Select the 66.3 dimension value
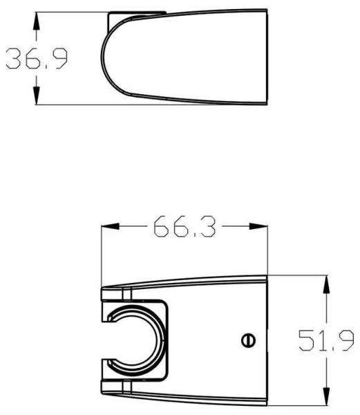[x=184, y=226]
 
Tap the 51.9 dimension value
[x=326, y=340]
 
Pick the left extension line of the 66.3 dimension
[x=102, y=256]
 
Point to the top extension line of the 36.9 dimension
[x=69, y=12]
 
